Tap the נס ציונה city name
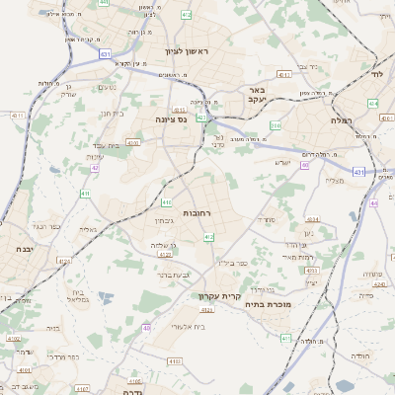point(172,118)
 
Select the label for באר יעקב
point(255,94)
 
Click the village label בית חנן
point(111,113)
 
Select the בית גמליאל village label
point(83,295)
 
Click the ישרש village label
point(283,162)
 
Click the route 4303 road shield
point(132,142)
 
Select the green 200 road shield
point(276,125)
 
